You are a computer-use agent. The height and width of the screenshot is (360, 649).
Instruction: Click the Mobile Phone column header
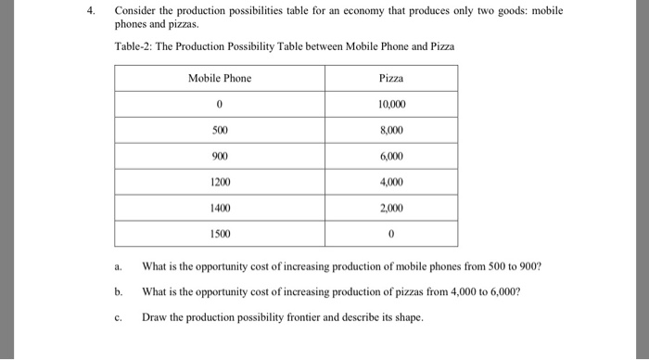tap(220, 79)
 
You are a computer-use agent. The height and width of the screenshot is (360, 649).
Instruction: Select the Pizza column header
tap(392, 79)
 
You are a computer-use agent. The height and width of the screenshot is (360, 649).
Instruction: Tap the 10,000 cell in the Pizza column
tap(392, 105)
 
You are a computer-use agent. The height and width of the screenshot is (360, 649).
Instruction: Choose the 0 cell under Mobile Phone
tap(220, 105)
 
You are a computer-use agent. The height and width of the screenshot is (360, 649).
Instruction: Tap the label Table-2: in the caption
tap(134, 46)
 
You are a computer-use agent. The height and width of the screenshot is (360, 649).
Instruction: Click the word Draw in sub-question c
tap(154, 317)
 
